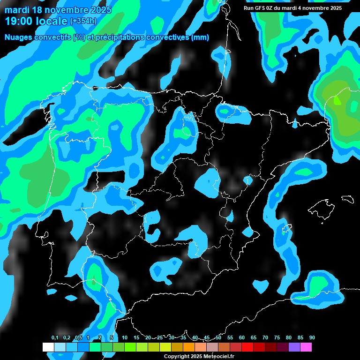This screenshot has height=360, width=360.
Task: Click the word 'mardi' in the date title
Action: (x=17, y=10)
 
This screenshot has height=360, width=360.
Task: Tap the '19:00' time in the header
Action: (x=19, y=21)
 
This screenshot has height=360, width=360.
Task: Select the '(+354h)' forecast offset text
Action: (x=83, y=21)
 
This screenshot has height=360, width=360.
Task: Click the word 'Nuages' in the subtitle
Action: (x=19, y=37)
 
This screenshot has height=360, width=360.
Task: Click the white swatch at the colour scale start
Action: (x=48, y=347)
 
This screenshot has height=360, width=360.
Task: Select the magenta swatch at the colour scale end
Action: (x=306, y=347)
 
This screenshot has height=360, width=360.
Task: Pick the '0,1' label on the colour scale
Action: (x=54, y=338)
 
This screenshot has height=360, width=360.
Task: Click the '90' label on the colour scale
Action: (x=312, y=338)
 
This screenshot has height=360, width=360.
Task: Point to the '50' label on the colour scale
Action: (x=218, y=338)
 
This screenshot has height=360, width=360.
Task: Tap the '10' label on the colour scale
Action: (x=125, y=338)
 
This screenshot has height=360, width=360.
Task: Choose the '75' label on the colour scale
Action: (x=277, y=338)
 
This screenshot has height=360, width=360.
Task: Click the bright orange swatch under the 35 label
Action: (x=188, y=347)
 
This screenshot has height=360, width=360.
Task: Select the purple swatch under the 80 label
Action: (x=294, y=347)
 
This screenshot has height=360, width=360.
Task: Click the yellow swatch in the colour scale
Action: (x=165, y=347)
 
